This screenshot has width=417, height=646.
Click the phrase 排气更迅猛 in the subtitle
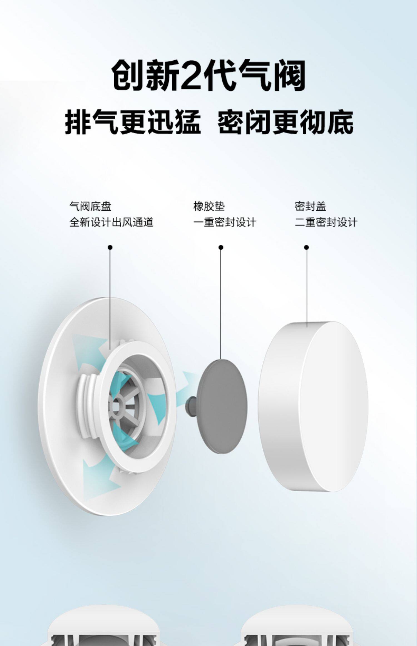[x=133, y=122]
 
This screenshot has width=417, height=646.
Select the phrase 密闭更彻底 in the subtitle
[x=285, y=122]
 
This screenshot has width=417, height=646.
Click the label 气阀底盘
[x=90, y=206]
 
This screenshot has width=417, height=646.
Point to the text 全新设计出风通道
[x=111, y=222]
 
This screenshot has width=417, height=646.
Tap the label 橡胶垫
[x=209, y=206]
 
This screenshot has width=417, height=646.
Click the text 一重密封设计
[x=225, y=222]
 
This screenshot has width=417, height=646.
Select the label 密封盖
[x=310, y=206]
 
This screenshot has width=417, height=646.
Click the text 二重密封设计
[x=326, y=222]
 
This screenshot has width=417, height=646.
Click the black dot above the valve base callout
[x=110, y=247]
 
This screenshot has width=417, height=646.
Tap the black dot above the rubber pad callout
[x=221, y=247]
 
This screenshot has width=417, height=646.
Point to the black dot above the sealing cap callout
[x=306, y=247]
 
